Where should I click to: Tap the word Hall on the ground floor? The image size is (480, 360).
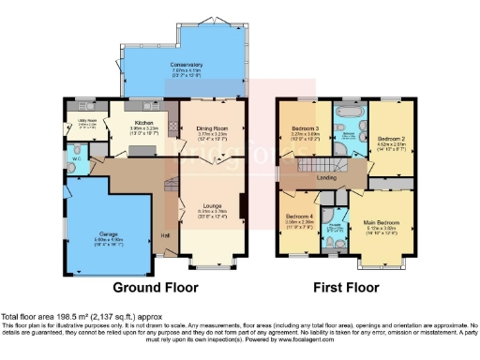(x=165, y=235)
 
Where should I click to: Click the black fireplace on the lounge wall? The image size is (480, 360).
(x=244, y=205)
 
